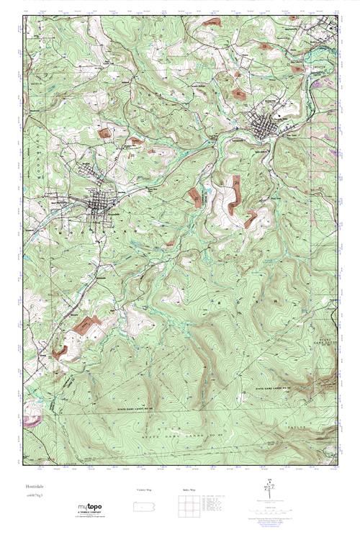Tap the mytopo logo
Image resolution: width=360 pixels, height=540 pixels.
coord(91,505)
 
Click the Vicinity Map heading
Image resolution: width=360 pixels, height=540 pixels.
coord(145,490)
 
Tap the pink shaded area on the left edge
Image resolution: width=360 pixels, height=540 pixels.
coord(31,419)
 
